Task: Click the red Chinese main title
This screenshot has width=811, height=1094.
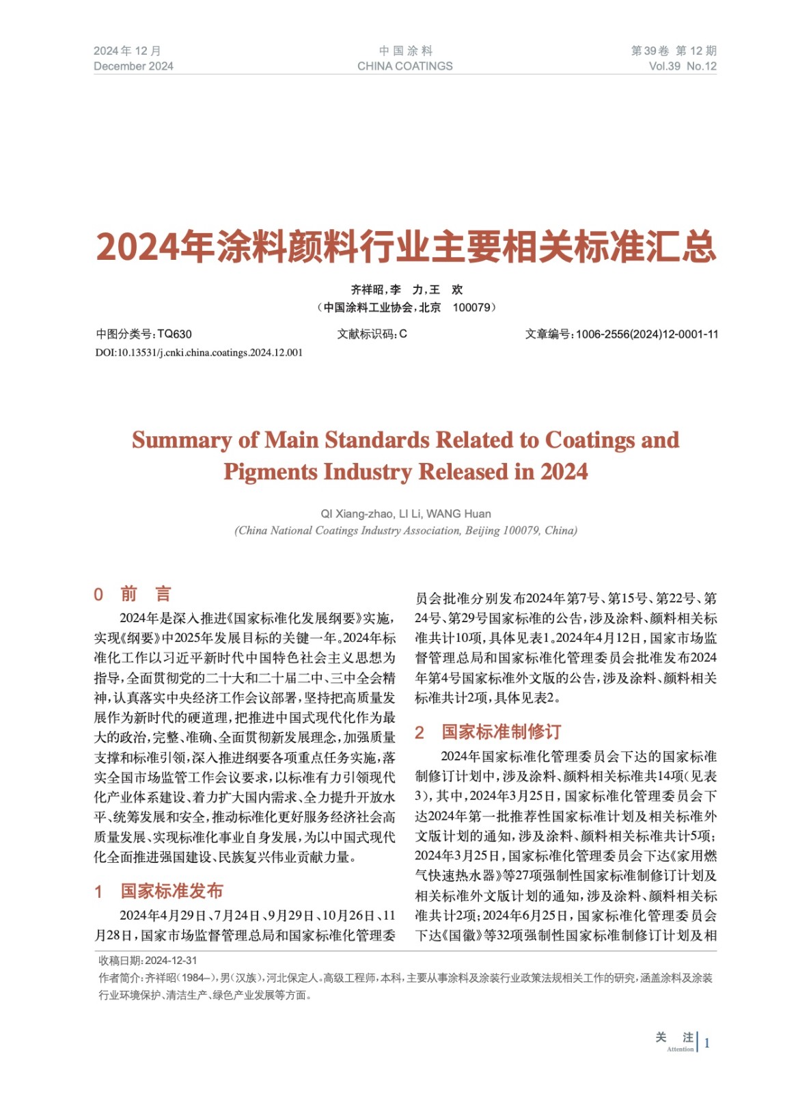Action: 406,246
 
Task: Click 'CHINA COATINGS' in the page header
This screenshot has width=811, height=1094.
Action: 404,66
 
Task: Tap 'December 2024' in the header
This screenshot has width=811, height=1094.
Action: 133,66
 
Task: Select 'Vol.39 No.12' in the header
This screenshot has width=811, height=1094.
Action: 683,66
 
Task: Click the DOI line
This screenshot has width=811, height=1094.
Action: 199,353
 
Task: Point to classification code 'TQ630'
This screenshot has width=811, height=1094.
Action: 175,334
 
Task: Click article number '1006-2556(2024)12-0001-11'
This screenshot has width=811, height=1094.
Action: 647,334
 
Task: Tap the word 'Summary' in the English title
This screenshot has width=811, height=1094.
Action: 181,440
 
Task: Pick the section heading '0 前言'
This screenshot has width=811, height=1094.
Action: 133,593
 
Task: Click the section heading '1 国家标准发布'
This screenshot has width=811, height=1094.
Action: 159,891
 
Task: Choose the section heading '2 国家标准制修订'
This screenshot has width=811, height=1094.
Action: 488,732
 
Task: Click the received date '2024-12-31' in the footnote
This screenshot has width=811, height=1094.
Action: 171,961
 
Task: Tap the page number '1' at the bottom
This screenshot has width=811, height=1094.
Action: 707,1043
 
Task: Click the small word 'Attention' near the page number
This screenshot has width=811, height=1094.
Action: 680,1049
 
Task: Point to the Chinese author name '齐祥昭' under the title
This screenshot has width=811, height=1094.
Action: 367,290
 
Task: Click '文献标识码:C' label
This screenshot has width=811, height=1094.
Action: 372,334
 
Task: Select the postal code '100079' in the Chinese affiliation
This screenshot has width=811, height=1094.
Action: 471,308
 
